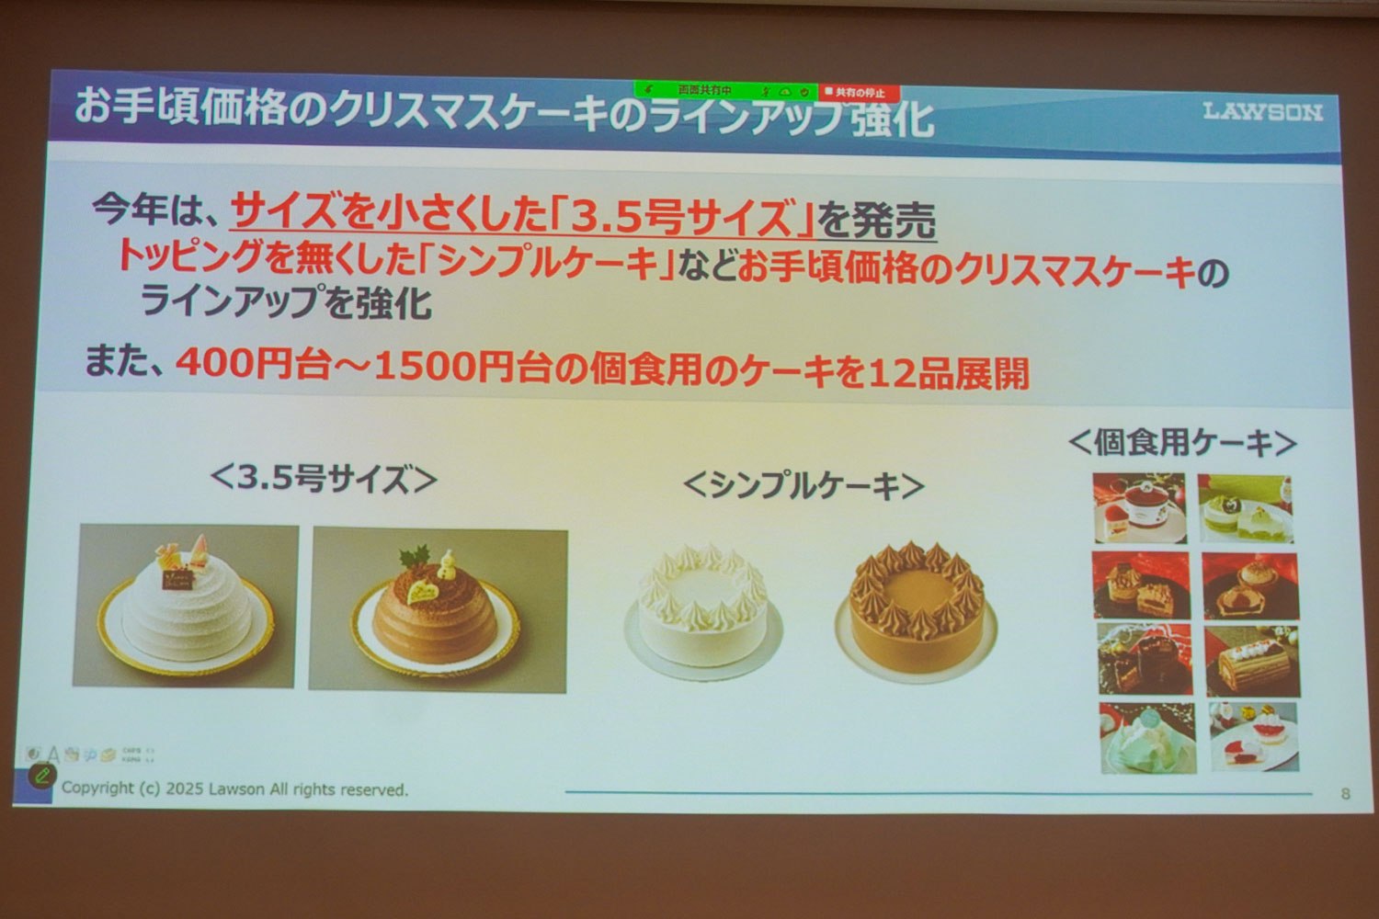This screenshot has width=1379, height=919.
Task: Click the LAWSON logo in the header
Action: point(1262,112)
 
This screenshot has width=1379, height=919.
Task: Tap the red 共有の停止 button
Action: point(859,93)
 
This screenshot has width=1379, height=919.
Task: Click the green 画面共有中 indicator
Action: point(704,91)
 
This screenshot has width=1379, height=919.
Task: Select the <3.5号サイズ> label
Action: point(323,479)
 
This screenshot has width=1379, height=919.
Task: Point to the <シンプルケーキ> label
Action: point(803,485)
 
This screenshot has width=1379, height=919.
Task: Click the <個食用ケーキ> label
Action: point(1182,443)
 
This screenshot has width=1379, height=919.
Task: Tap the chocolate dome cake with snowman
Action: point(438,610)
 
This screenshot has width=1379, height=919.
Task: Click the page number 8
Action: point(1346,793)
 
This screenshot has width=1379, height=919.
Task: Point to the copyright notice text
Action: point(234,789)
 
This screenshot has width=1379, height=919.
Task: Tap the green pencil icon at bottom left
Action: point(40,776)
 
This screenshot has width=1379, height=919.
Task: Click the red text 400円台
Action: point(252,364)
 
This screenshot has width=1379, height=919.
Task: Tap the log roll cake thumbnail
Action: point(1251,661)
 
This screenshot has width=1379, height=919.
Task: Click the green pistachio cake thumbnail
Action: point(1246,508)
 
